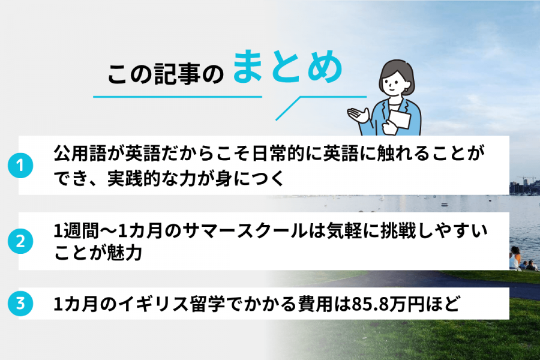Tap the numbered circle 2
tap(19, 242)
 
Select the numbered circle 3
tap(19, 304)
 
